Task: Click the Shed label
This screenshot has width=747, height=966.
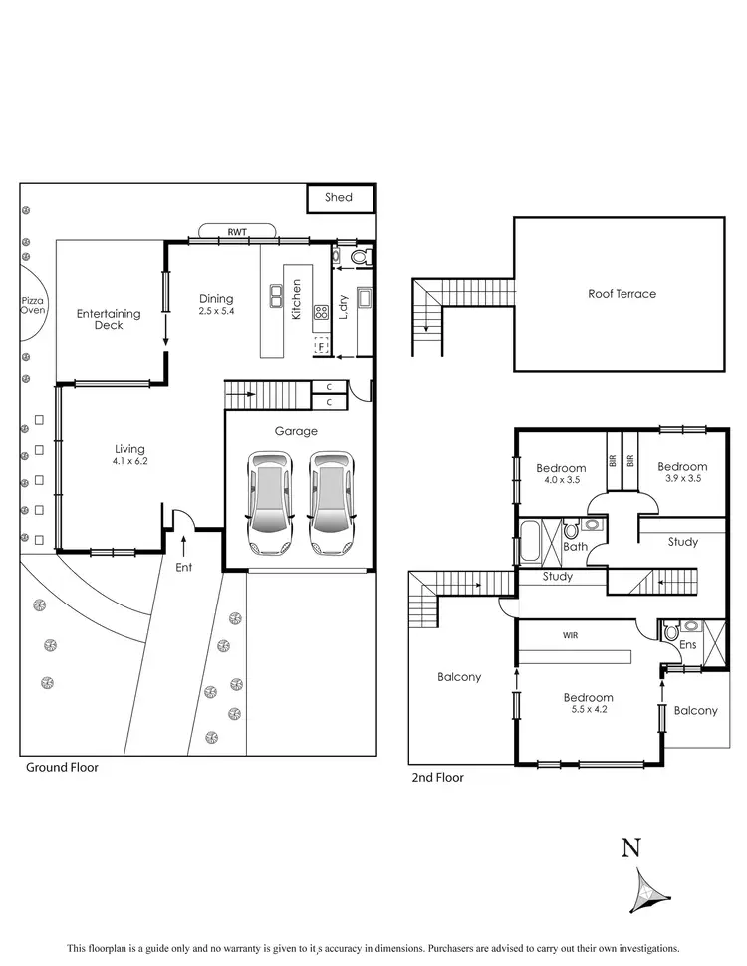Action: click(339, 197)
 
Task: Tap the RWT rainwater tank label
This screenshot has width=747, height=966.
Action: click(237, 231)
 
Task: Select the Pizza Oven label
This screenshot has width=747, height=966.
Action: click(33, 305)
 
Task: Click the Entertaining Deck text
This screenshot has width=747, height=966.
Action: click(109, 320)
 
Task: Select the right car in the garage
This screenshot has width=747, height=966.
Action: click(331, 503)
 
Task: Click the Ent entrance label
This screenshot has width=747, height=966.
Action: click(184, 567)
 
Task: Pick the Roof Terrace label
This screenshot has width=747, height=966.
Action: click(622, 294)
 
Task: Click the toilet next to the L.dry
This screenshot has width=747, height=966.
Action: click(360, 257)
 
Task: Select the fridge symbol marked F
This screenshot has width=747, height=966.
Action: click(322, 346)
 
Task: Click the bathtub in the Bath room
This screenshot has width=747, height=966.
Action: click(528, 542)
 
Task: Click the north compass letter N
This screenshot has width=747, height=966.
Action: click(630, 847)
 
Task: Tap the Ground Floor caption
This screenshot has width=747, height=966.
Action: click(61, 768)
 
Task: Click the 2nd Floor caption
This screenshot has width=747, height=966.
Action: click(437, 778)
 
